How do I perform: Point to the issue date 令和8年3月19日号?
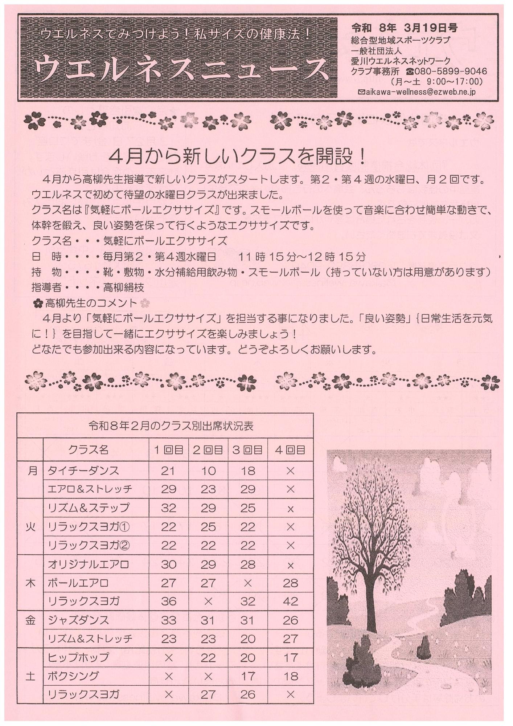coord(404,28)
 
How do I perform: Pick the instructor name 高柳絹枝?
coord(124,287)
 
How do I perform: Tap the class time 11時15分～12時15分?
coord(301,257)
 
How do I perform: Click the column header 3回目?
coord(248,450)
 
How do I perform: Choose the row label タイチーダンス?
coord(83,471)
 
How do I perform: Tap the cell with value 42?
coord(290,601)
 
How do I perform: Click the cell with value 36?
coord(168,601)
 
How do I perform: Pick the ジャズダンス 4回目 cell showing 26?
coord(290,620)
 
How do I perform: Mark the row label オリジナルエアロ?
coord(88,564)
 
